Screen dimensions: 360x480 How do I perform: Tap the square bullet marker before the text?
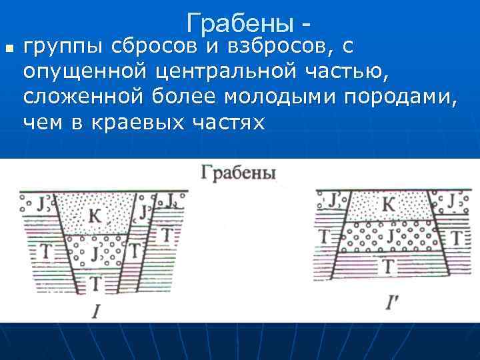pos(9,49)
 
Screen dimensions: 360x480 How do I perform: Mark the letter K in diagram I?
pos(95,215)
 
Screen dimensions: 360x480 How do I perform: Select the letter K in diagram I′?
pos(388,204)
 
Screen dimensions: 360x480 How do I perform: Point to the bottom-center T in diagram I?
pos(96,283)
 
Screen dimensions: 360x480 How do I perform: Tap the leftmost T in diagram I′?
pos(325,236)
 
